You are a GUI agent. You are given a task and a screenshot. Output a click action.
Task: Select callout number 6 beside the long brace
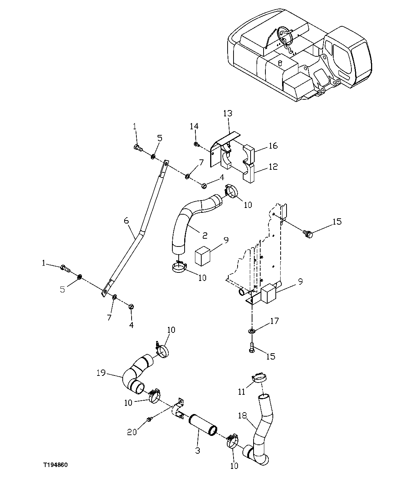pyautogui.click(x=126, y=221)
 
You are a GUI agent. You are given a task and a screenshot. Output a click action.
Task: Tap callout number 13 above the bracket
pyautogui.click(x=227, y=113)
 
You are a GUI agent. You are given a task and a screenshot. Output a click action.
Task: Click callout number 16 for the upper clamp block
pyautogui.click(x=273, y=146)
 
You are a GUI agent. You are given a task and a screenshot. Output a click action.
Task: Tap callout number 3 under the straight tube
pyautogui.click(x=198, y=450)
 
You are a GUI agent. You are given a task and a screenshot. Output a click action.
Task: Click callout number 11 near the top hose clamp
pyautogui.click(x=242, y=391)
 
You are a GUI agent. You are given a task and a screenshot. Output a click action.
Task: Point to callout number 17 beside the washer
pyautogui.click(x=275, y=321)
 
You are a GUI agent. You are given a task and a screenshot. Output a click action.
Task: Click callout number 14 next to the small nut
pyautogui.click(x=194, y=126)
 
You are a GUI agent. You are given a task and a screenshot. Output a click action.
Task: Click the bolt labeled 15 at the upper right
pyautogui.click(x=308, y=234)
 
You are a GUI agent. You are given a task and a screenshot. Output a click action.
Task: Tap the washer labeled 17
pyautogui.click(x=252, y=330)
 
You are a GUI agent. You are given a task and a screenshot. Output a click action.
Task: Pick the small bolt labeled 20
pyautogui.click(x=149, y=419)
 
